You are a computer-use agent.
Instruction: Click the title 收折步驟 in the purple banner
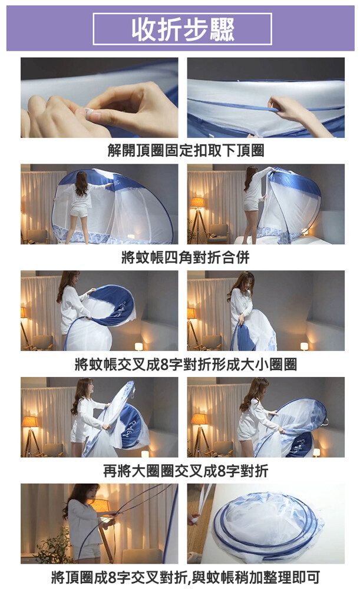click(x=183, y=29)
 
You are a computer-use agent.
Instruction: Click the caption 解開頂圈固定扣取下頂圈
click(x=186, y=151)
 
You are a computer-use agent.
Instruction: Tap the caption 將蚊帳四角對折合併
click(x=186, y=257)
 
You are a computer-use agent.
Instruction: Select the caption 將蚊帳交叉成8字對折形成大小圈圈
click(x=186, y=364)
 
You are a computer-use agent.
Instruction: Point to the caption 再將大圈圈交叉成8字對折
click(x=186, y=471)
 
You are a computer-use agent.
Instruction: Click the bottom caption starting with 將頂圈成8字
click(x=186, y=577)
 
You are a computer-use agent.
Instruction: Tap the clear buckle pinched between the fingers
click(x=89, y=111)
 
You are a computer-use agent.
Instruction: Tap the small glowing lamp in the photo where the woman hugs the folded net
click(x=304, y=346)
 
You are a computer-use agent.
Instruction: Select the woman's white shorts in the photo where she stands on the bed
click(x=79, y=213)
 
